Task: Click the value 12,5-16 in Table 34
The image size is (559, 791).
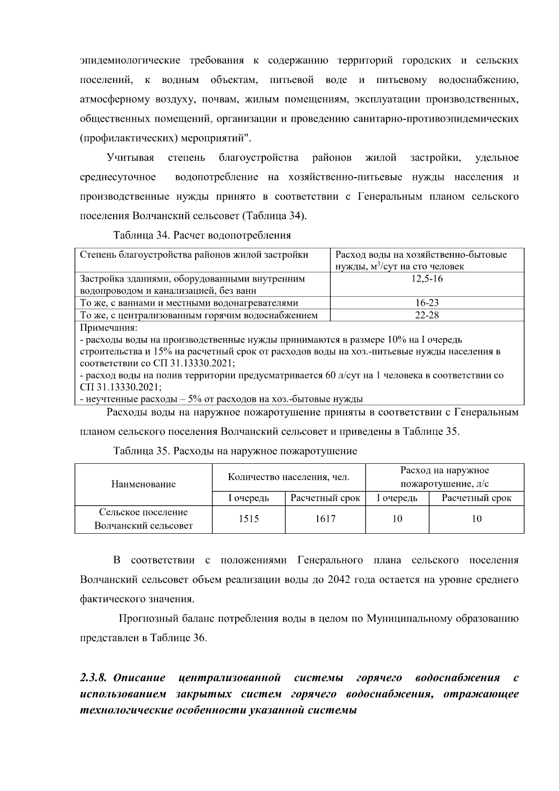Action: (427, 279)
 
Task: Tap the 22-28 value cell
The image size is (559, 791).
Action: (427, 315)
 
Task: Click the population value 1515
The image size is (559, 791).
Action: (249, 519)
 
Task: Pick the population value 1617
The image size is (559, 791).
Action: (325, 519)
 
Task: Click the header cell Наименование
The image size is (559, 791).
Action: (143, 484)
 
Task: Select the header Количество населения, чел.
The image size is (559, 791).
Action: (288, 477)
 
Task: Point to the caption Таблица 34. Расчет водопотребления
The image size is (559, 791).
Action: (202, 235)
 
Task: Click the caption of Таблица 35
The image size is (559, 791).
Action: (235, 451)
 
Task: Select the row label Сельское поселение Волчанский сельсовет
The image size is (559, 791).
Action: (143, 519)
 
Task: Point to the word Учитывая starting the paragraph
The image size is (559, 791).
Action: (130, 158)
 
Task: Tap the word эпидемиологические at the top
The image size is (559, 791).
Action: (130, 61)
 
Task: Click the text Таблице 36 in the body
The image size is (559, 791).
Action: (177, 638)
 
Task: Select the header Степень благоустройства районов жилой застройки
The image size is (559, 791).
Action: (194, 255)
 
